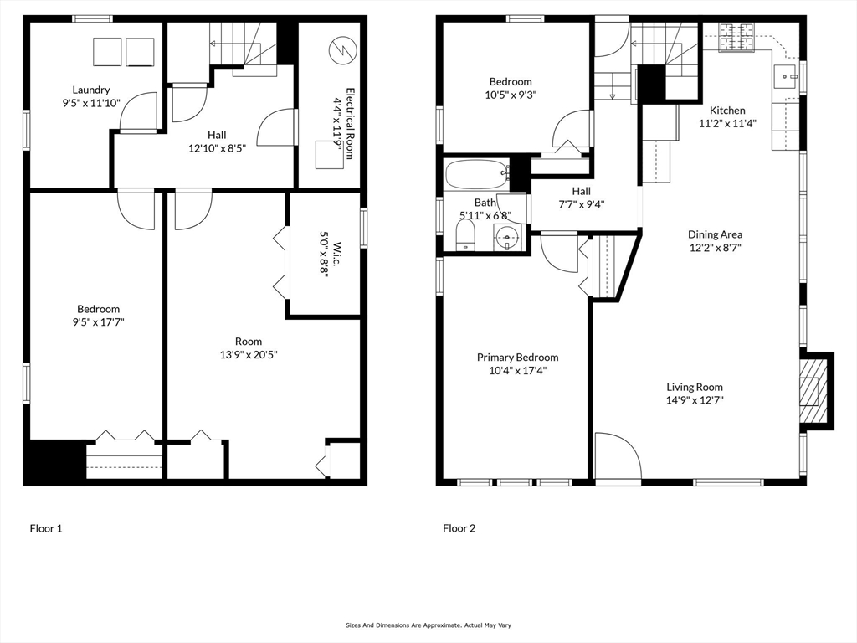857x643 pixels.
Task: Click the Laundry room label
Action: [x=91, y=90]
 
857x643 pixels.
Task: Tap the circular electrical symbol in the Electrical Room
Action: [x=342, y=49]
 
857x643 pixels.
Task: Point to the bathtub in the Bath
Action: [x=478, y=174]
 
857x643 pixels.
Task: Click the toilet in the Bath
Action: [x=465, y=235]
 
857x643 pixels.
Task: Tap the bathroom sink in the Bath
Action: [x=508, y=238]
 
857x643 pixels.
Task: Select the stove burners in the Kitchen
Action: [x=736, y=37]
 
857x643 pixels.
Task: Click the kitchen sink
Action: [x=785, y=76]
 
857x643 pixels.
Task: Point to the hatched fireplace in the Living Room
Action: [x=810, y=392]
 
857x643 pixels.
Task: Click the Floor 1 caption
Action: [x=46, y=529]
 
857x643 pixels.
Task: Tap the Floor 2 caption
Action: [x=459, y=529]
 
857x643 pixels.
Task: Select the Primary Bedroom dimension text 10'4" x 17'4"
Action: [x=517, y=371]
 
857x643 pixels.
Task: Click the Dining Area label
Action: [x=715, y=234]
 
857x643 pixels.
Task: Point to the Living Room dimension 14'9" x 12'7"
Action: [x=695, y=400]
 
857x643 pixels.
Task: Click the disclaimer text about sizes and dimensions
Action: [x=428, y=625]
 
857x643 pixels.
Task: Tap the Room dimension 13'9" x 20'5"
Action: [x=249, y=355]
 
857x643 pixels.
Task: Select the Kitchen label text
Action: [x=727, y=111]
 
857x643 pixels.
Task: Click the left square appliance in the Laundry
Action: [x=107, y=52]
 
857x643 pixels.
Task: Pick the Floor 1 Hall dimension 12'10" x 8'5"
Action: [x=218, y=148]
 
